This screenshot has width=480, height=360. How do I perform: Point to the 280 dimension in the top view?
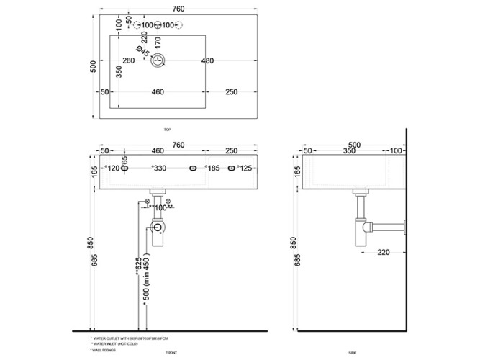tap(129, 60)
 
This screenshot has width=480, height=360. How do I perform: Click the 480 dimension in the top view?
tap(208, 60)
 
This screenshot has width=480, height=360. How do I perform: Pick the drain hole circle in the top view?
tap(160, 61)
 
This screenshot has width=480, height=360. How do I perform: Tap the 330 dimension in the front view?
tap(160, 168)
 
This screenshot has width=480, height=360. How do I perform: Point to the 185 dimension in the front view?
tap(213, 168)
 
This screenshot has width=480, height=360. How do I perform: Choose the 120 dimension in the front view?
tap(113, 168)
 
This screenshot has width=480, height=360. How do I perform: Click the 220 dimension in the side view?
tap(382, 252)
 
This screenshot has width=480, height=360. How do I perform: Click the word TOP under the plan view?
tap(167, 130)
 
